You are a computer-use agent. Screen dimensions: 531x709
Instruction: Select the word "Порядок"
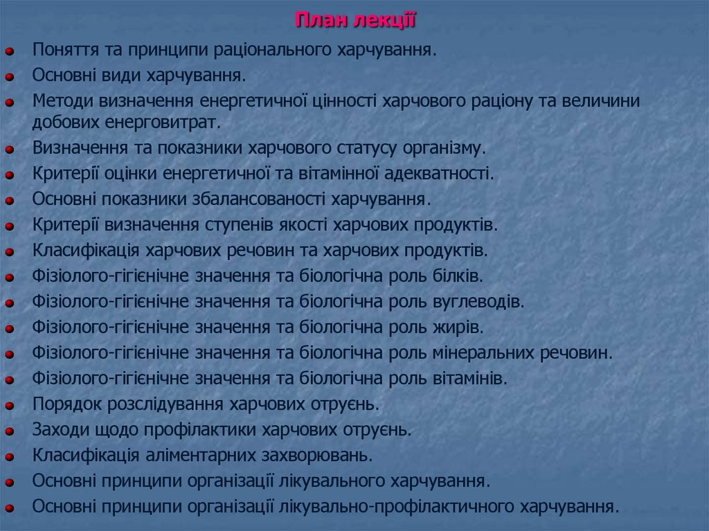[65, 404]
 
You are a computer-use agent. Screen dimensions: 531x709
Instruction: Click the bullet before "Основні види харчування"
[10, 75]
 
